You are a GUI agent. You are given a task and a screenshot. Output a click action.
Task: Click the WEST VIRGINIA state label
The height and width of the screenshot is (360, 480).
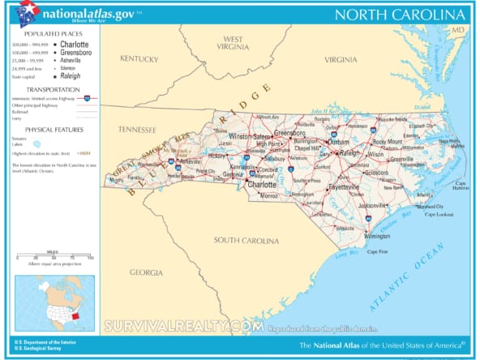click(234, 44)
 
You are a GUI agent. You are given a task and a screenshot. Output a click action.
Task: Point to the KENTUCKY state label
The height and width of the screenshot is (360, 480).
click(139, 58)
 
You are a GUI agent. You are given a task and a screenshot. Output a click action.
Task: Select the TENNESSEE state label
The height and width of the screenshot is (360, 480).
click(136, 130)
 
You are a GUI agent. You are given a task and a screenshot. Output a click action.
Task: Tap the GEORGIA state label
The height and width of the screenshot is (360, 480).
click(146, 272)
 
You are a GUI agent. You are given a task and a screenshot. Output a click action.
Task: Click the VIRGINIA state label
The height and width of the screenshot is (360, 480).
click(341, 60)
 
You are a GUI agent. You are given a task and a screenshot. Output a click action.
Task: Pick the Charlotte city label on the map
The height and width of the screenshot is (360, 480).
click(261, 184)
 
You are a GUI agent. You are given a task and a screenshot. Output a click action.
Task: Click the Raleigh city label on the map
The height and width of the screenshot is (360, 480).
click(349, 152)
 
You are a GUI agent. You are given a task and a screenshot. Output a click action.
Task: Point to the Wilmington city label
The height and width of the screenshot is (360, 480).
click(376, 236)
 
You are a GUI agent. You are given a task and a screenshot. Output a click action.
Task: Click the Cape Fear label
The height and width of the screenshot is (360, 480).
click(378, 251)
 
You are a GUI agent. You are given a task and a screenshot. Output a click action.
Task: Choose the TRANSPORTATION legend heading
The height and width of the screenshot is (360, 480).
click(53, 89)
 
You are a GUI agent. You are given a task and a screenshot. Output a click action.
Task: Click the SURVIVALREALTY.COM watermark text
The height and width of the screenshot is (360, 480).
click(183, 326)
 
